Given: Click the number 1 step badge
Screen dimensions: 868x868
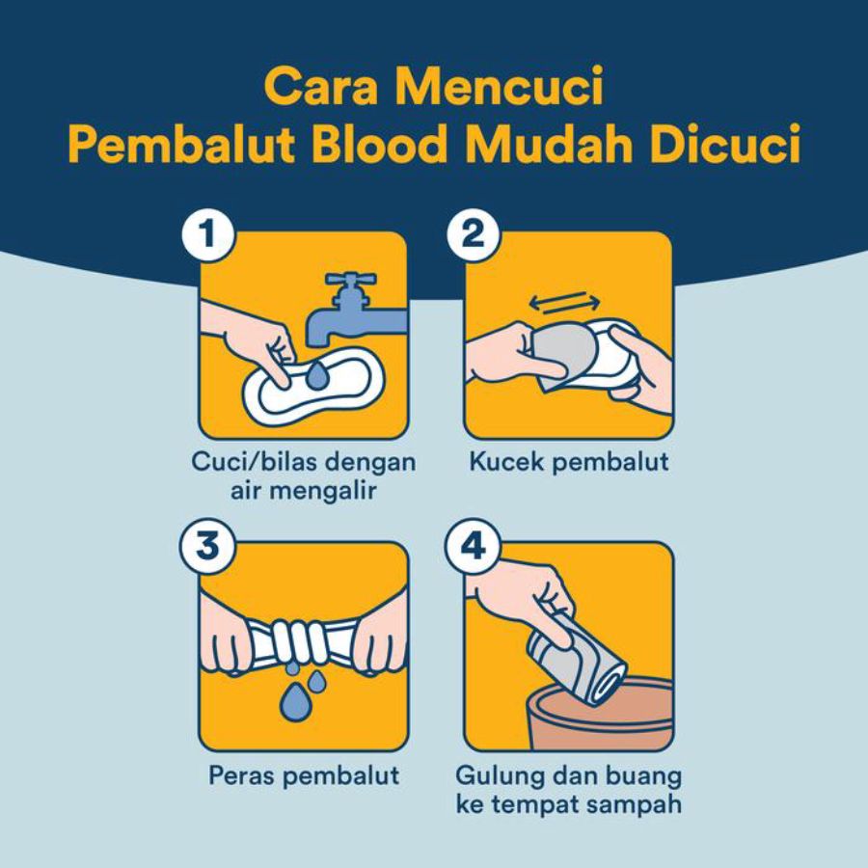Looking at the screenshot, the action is point(207,234).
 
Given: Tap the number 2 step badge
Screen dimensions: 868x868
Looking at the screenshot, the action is point(474,234).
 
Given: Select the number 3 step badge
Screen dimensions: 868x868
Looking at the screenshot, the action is point(207,546).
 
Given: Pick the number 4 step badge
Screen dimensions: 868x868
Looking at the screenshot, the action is point(474,546).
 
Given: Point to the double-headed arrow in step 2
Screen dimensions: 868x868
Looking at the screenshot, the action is point(564,302).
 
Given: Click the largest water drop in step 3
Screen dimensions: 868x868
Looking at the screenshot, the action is point(296,701).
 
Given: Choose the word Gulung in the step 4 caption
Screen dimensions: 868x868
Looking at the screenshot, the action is point(500,777).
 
